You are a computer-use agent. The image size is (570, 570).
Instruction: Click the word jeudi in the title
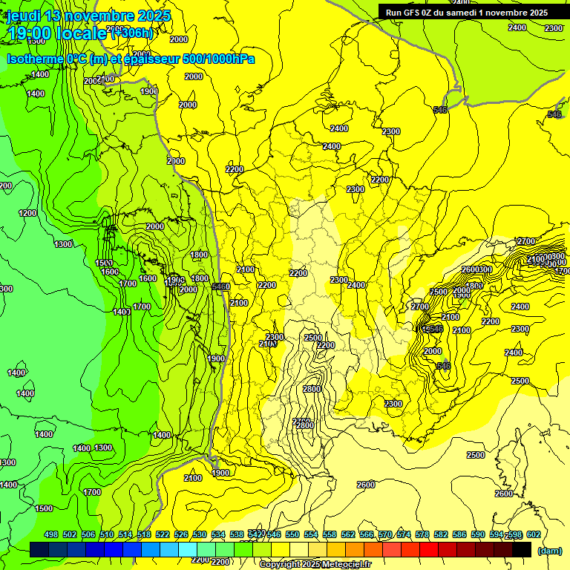[24, 16]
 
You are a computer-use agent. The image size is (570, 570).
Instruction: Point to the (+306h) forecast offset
[132, 33]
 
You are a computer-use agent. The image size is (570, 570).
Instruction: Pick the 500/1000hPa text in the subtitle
[220, 58]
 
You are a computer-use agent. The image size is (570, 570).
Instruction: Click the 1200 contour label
[27, 213]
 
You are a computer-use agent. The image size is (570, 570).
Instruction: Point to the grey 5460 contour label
[220, 286]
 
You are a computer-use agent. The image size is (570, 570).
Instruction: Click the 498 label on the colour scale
[51, 534]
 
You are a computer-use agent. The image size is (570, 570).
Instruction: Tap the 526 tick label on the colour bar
[180, 534]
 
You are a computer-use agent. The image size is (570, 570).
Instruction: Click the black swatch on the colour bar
[521, 549]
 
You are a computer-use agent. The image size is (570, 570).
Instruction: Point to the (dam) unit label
[548, 550]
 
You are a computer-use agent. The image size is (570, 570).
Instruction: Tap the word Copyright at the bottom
[280, 565]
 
